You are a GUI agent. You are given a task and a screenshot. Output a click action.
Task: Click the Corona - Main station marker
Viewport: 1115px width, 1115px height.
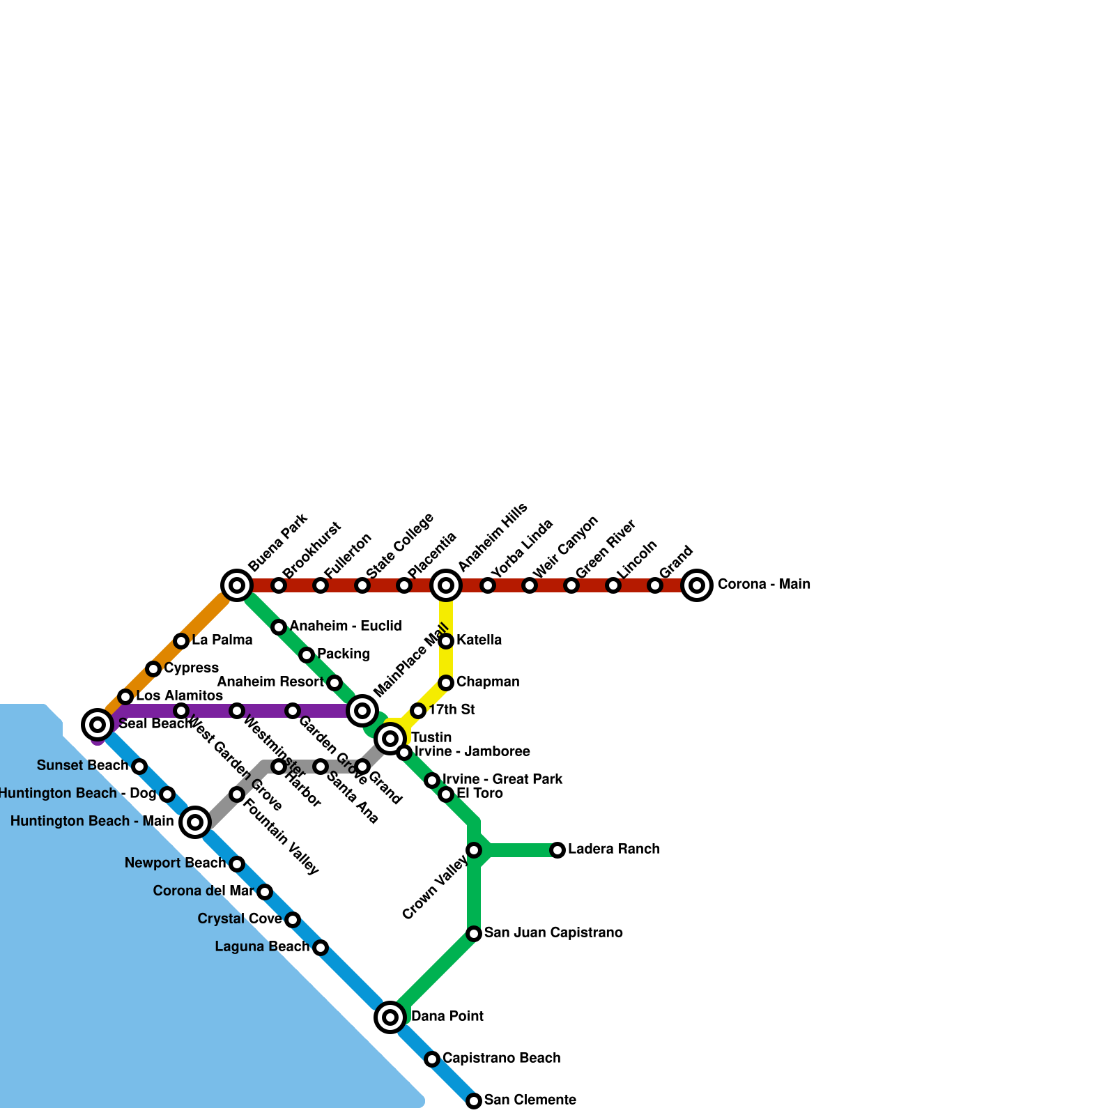pos(697,585)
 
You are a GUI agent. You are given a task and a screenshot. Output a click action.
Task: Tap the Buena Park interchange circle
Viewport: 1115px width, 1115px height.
pos(237,585)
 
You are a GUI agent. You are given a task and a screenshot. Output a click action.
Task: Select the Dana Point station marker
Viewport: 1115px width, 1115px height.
pos(390,1017)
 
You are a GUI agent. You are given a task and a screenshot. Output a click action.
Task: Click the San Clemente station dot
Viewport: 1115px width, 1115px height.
pos(474,1101)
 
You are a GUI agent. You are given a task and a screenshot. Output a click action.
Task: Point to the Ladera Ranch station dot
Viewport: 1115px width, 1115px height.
pos(557,850)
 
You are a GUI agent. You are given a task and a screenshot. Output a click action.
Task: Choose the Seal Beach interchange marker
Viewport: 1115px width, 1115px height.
pos(98,725)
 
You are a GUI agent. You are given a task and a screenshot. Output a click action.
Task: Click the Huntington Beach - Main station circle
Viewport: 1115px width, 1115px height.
pos(195,822)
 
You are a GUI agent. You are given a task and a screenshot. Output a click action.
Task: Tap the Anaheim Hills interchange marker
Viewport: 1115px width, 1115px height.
pos(446,585)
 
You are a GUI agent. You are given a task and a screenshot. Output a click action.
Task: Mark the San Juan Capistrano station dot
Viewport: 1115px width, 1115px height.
pos(474,934)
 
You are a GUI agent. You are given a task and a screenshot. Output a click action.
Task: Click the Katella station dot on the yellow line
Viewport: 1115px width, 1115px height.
pos(446,641)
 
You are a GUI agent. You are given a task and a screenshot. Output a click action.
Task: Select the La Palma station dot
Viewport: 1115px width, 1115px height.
pos(181,641)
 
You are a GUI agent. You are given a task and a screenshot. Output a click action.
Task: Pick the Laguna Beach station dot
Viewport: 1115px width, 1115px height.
pos(321,948)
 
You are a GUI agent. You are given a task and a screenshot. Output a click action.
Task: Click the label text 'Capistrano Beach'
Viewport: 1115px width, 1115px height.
pos(501,1059)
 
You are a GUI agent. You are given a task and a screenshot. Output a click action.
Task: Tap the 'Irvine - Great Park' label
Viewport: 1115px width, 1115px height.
pos(502,780)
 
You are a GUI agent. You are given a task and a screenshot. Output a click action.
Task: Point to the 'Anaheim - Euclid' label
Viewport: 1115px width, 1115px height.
pos(346,626)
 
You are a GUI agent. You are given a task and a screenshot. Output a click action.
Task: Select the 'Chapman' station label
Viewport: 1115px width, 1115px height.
pos(488,682)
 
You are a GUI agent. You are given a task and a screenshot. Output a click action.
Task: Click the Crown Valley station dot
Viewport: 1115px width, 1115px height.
pos(474,850)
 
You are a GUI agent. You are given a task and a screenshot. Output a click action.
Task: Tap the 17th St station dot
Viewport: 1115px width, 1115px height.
pos(418,711)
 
